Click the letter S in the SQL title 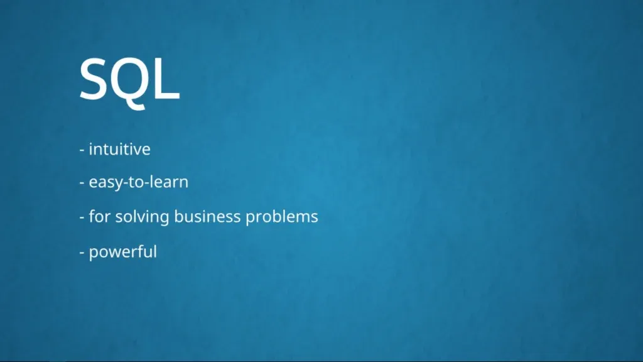tap(92, 79)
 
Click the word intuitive tap(120, 149)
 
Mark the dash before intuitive tap(82, 150)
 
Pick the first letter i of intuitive tap(90, 149)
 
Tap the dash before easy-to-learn tap(82, 183)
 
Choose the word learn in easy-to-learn tap(168, 182)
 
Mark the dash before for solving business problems tap(82, 217)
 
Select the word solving tap(142, 217)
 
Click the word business tap(207, 216)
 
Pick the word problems tap(282, 217)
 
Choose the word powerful tap(123, 252)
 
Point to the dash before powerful tap(82, 253)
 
